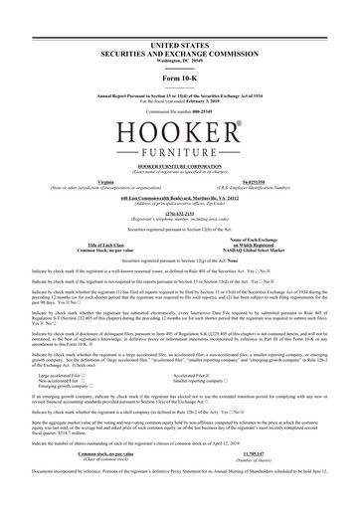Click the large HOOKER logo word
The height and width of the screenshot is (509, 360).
pos(180,132)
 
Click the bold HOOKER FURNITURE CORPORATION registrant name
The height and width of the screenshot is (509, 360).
pos(180,170)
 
